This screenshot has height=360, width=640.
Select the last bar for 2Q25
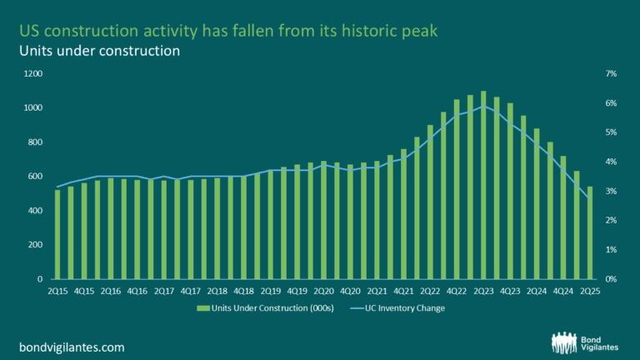590,232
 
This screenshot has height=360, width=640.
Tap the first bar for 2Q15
57,234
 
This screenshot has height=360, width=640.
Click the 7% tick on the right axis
611,74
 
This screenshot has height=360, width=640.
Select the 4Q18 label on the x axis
243,290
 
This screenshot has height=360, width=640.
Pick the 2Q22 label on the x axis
430,290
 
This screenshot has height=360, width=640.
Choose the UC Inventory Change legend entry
408,308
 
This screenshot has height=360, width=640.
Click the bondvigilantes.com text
72,346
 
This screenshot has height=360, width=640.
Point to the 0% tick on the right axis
611,279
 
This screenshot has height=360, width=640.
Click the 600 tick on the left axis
33,177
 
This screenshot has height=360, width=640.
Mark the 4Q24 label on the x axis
563,290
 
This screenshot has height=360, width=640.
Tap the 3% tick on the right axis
611,192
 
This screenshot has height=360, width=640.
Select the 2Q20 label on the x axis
323,290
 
